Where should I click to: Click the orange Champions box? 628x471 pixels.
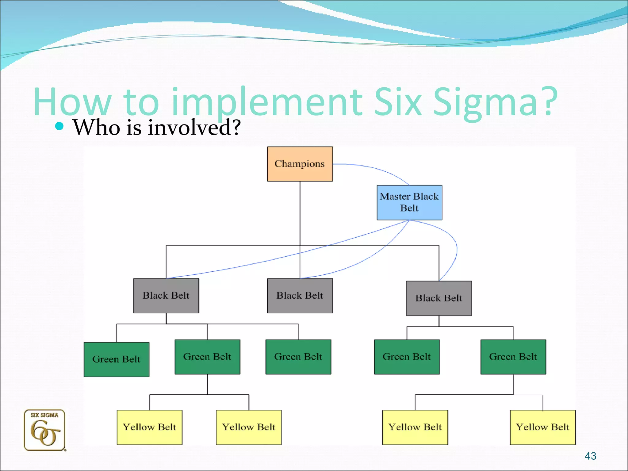[300, 164]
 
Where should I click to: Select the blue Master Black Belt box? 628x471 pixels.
[409, 202]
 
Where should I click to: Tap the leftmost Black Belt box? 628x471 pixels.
[166, 295]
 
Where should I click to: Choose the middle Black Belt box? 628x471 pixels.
[300, 295]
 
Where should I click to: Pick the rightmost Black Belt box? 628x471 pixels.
[439, 298]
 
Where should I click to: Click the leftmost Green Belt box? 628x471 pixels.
[116, 359]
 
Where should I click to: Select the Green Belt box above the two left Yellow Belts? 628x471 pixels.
[207, 357]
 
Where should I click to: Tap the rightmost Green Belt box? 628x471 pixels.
[513, 357]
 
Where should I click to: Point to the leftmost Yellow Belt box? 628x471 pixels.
[149, 427]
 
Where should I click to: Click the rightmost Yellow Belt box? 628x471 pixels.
[542, 427]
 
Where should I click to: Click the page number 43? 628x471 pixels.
[590, 456]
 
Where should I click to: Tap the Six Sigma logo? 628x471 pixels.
[45, 430]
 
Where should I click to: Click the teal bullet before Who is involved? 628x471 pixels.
[59, 126]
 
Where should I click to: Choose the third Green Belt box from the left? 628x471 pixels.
[298, 357]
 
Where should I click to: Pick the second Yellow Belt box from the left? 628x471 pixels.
[248, 427]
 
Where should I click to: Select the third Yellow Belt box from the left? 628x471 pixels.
[415, 427]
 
